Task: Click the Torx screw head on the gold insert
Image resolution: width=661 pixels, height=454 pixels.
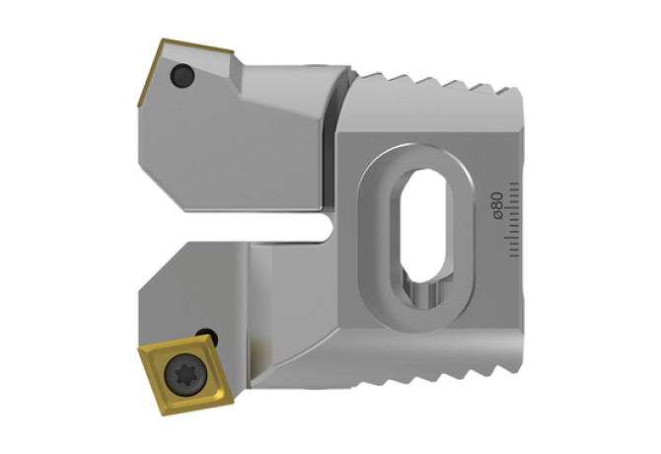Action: [185, 374]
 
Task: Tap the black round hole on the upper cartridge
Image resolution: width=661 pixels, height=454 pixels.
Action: [183, 75]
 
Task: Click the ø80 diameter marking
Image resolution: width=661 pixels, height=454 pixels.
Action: [498, 205]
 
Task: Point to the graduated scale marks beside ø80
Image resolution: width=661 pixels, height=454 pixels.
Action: [513, 219]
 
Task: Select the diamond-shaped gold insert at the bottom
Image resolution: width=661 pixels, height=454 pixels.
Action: [185, 374]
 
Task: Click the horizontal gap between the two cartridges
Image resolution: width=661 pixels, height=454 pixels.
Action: [253, 226]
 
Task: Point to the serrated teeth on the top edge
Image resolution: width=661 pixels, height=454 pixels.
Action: [438, 82]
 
